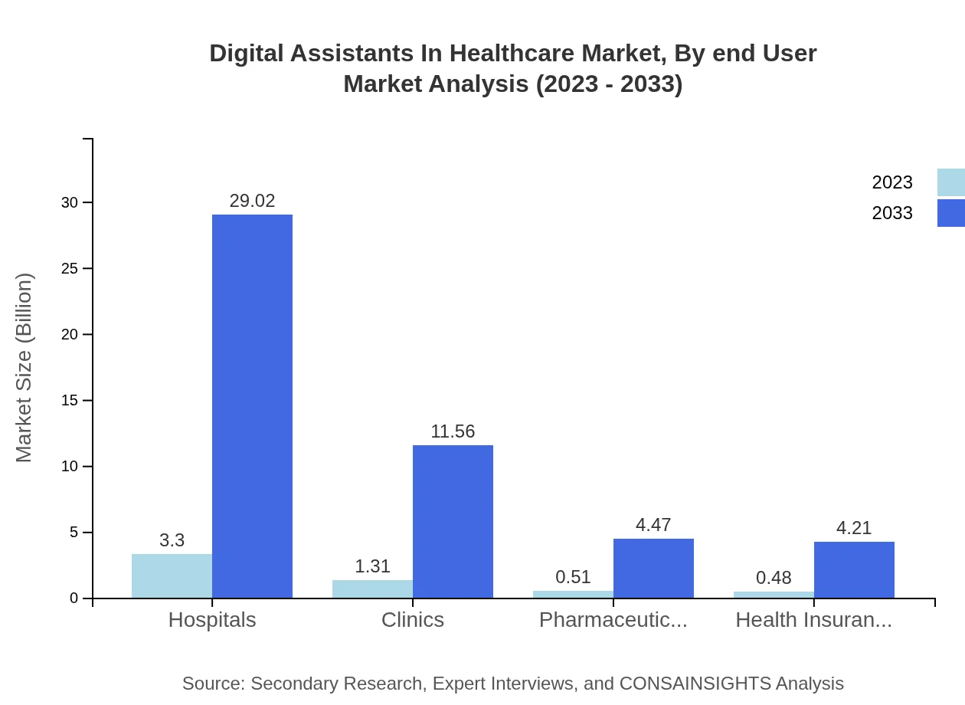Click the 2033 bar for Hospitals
(x=252, y=406)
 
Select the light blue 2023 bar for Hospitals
(x=172, y=575)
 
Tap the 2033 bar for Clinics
(x=453, y=521)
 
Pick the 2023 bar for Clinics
(x=372, y=589)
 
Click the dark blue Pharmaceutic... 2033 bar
(x=653, y=568)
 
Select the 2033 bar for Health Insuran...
(x=854, y=569)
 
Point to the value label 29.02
(x=252, y=201)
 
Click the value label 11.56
(x=453, y=431)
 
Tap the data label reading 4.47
(x=653, y=525)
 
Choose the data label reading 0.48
(x=774, y=578)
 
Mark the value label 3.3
(x=172, y=540)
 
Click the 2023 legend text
(x=892, y=182)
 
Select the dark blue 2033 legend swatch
(x=950, y=213)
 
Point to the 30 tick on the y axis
(x=70, y=202)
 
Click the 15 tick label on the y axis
(x=70, y=400)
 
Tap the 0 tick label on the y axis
(x=74, y=598)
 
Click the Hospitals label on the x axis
(x=212, y=620)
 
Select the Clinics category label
(x=413, y=620)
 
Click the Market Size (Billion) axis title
(x=25, y=368)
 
